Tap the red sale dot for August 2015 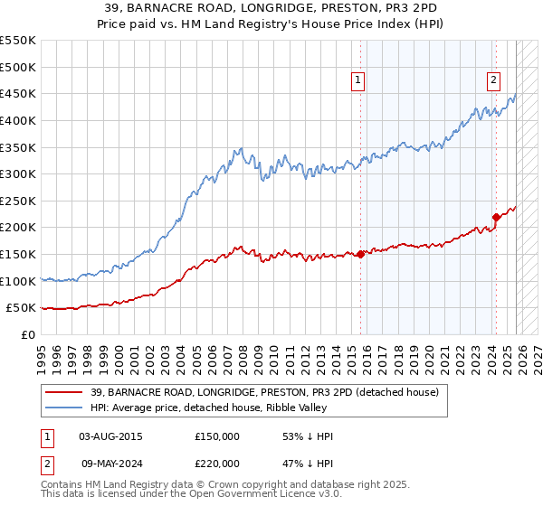tap(360, 254)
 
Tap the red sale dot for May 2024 tap(496, 217)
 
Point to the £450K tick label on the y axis tap(18, 93)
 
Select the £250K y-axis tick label tap(18, 201)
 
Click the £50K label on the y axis tap(22, 308)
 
